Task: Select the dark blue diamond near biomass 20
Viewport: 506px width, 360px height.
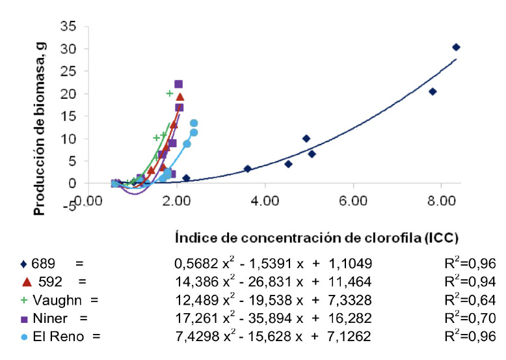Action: [433, 92]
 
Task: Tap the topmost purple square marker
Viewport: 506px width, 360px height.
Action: [178, 84]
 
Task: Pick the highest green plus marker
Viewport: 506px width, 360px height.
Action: [169, 93]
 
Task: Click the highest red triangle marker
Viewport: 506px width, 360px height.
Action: [180, 97]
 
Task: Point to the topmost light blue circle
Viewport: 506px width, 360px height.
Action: [193, 123]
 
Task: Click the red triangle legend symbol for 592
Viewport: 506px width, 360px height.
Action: [26, 281]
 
